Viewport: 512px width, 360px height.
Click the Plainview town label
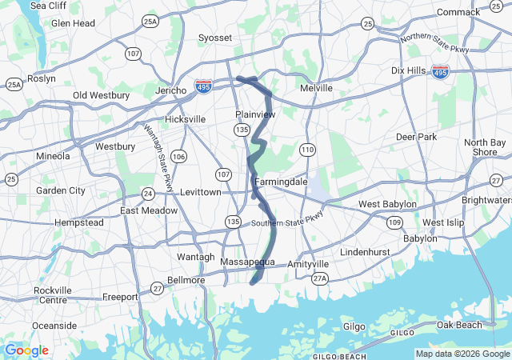point(255,114)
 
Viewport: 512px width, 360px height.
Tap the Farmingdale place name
point(281,182)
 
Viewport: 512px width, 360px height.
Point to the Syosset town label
point(214,38)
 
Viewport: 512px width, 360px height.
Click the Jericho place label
point(171,90)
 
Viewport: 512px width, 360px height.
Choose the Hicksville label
point(185,119)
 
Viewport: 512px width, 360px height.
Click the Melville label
point(315,88)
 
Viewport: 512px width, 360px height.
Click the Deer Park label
point(416,137)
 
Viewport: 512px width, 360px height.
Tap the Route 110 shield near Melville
point(308,150)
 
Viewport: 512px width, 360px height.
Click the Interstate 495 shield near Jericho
point(205,84)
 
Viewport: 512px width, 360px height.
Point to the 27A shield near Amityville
point(320,278)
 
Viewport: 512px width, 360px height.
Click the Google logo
point(26,350)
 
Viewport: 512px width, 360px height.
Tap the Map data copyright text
point(462,354)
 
